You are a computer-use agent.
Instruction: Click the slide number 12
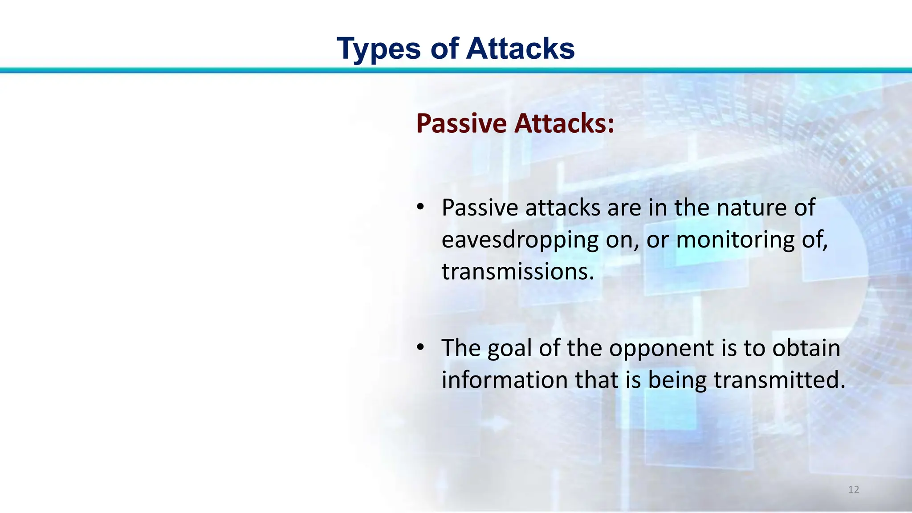[x=853, y=490]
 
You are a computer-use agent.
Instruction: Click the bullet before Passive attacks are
[x=420, y=207]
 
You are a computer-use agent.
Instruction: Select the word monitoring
[x=735, y=240]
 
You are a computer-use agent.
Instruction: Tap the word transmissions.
[x=517, y=271]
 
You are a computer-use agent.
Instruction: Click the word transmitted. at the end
[x=779, y=380]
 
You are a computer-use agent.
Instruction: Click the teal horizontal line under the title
[x=456, y=70]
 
